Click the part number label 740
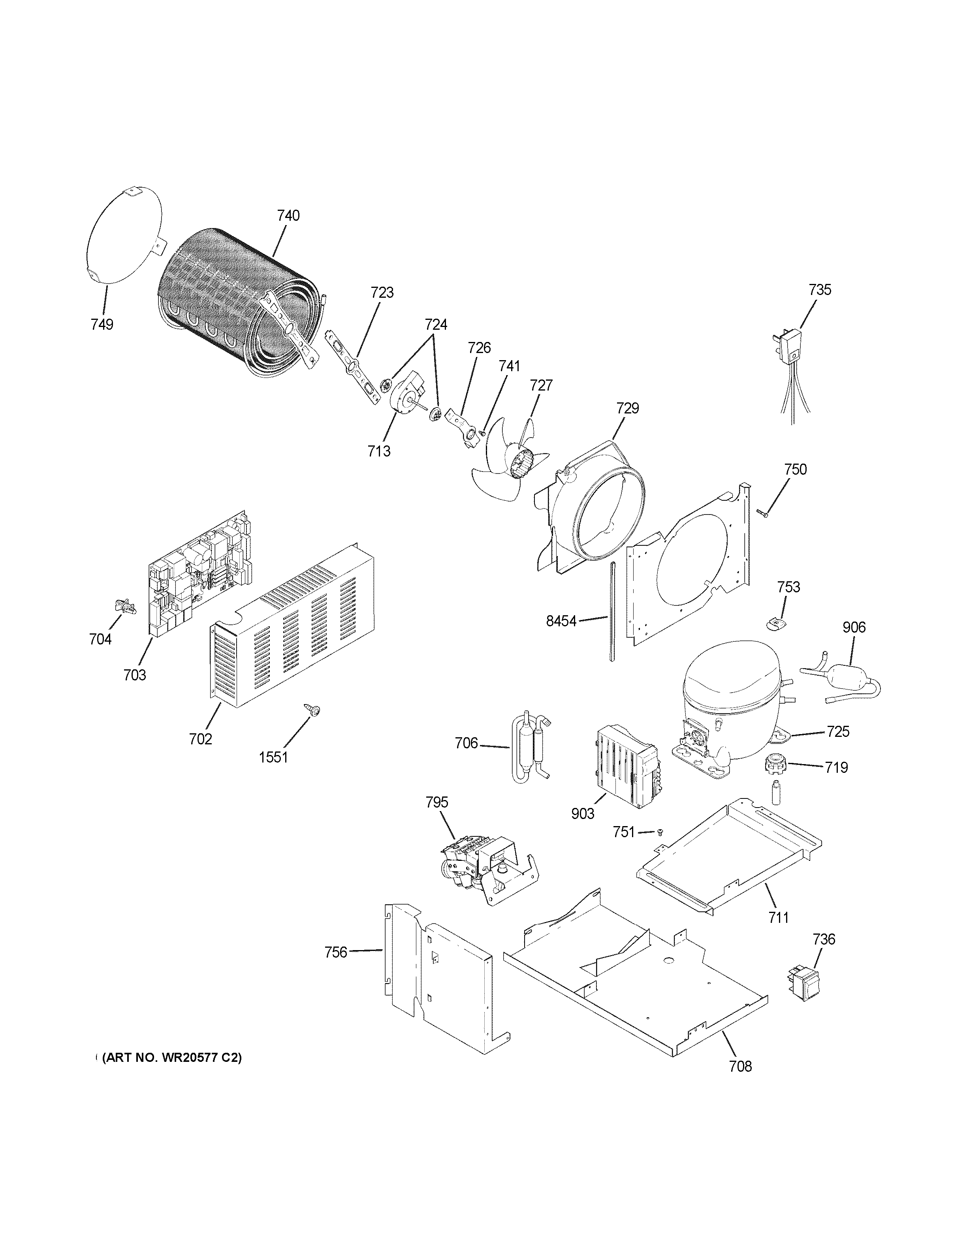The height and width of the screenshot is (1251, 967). pyautogui.click(x=288, y=216)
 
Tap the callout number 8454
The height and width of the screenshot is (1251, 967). pyautogui.click(x=561, y=621)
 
